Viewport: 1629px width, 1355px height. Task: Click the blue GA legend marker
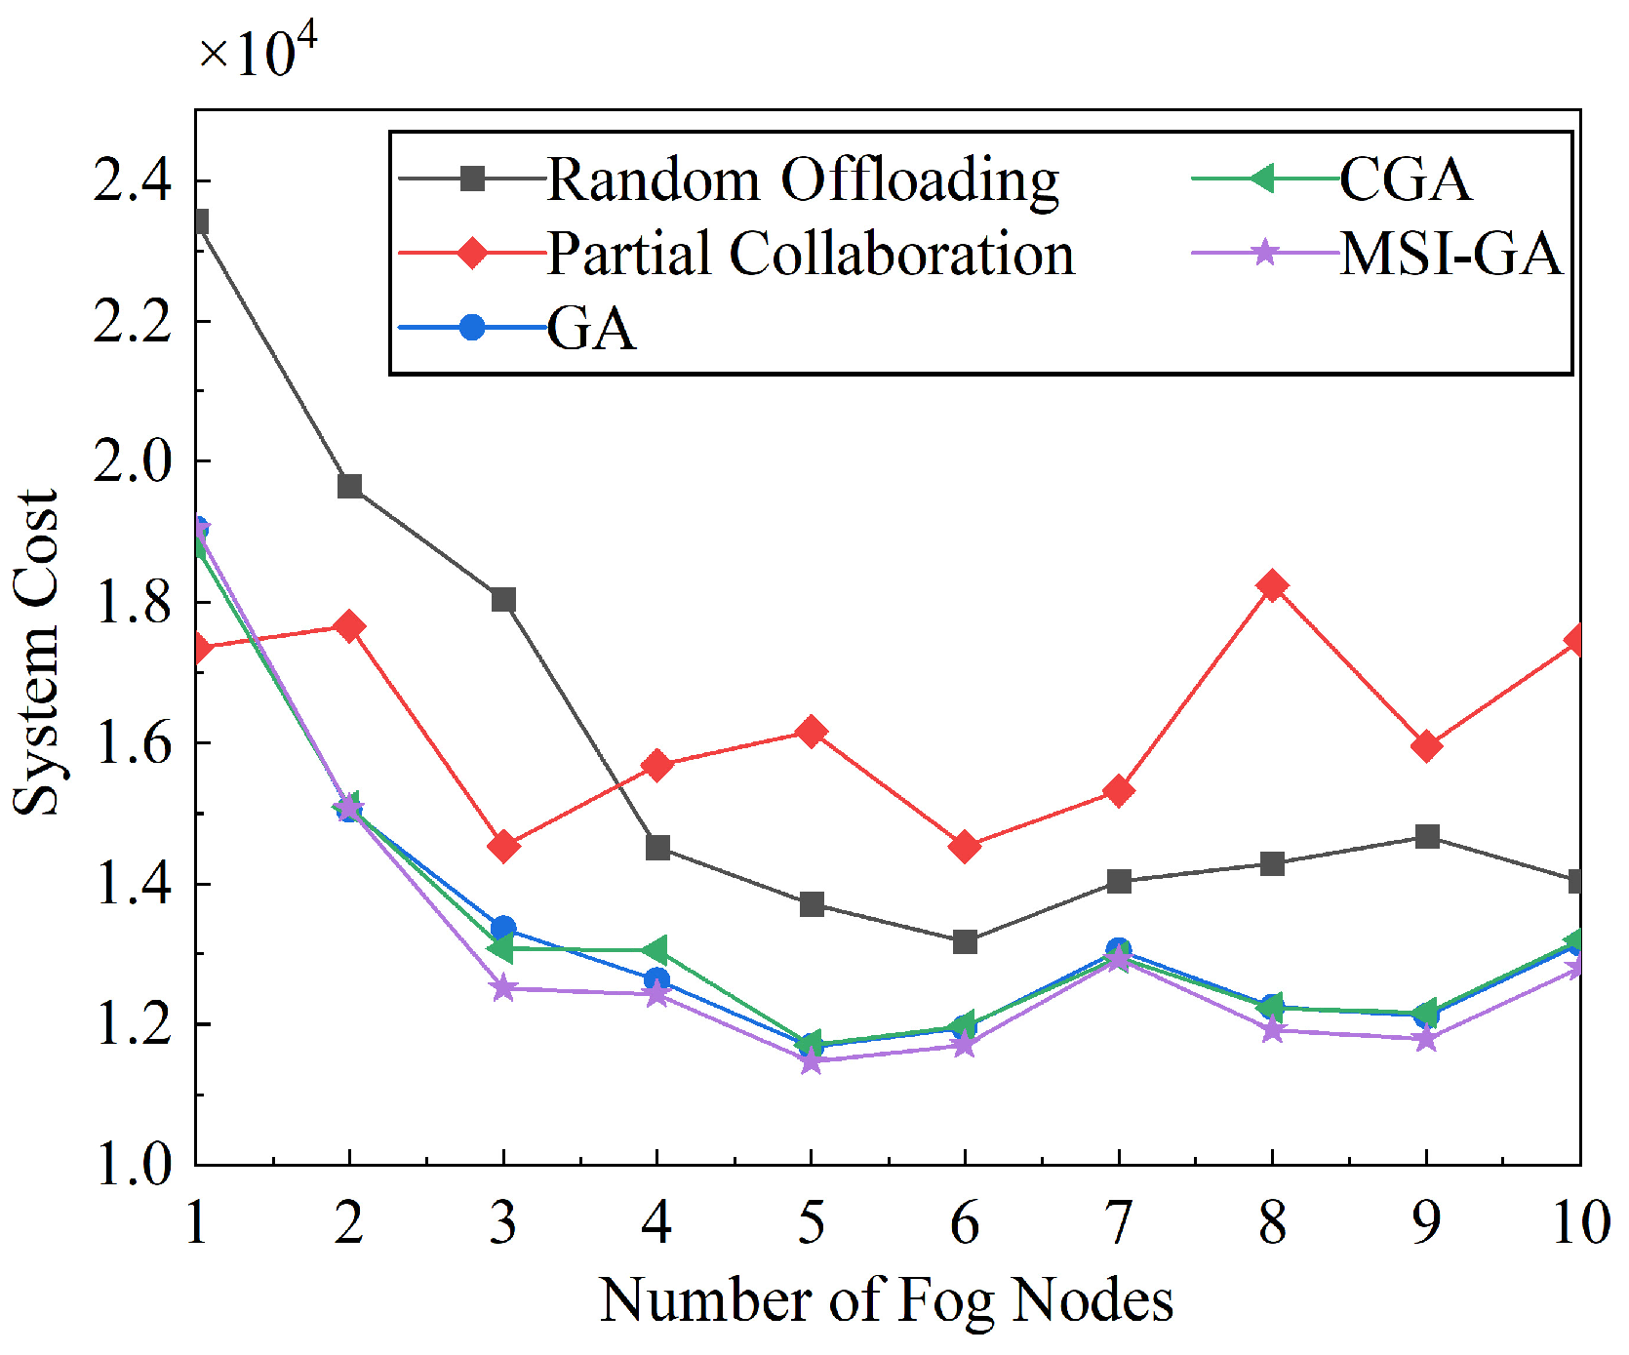coord(472,327)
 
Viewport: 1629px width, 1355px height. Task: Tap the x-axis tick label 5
coord(811,1221)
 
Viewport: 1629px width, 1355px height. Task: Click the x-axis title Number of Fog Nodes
coord(886,1300)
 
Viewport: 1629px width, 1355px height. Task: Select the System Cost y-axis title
coord(37,652)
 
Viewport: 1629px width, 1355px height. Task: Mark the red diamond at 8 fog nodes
coord(1272,586)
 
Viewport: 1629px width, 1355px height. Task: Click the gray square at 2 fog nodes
coord(349,486)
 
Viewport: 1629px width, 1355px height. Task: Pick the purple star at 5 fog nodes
coord(811,1061)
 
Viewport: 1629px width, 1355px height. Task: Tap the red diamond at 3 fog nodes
coord(503,846)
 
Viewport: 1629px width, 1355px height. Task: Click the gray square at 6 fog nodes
coord(965,941)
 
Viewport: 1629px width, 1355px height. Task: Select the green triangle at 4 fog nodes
coord(656,949)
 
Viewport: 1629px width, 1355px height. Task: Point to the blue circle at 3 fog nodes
coord(503,928)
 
